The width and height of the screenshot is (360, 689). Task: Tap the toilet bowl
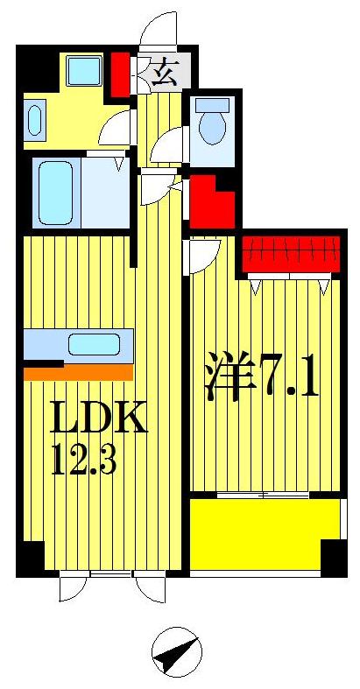pyautogui.click(x=211, y=124)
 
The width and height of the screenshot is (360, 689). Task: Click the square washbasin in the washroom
pyautogui.click(x=85, y=69)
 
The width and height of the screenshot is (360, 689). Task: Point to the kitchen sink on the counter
pyautogui.click(x=94, y=344)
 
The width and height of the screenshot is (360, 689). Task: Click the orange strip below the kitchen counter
pyautogui.click(x=79, y=373)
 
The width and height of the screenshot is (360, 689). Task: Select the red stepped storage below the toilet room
pyautogui.click(x=210, y=200)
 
